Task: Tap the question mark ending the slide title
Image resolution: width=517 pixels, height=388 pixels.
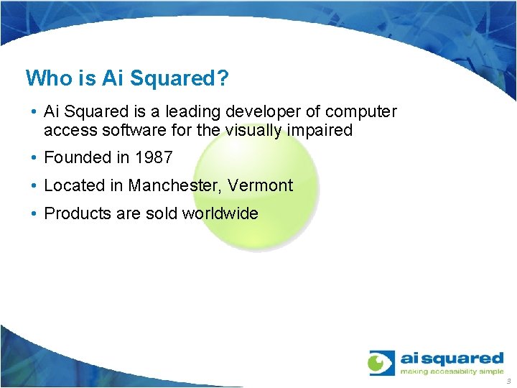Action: (223, 78)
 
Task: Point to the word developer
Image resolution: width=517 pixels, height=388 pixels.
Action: (266, 112)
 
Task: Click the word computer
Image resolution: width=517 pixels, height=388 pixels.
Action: (360, 112)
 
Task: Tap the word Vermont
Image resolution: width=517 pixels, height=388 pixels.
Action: (261, 185)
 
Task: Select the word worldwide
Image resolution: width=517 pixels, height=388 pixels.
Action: (220, 213)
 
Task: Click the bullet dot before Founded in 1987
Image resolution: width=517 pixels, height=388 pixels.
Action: (34, 158)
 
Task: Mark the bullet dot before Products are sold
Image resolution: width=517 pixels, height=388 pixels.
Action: (34, 214)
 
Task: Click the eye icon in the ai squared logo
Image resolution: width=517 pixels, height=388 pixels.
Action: (381, 363)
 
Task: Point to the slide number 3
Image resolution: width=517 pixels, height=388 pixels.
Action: (508, 381)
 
